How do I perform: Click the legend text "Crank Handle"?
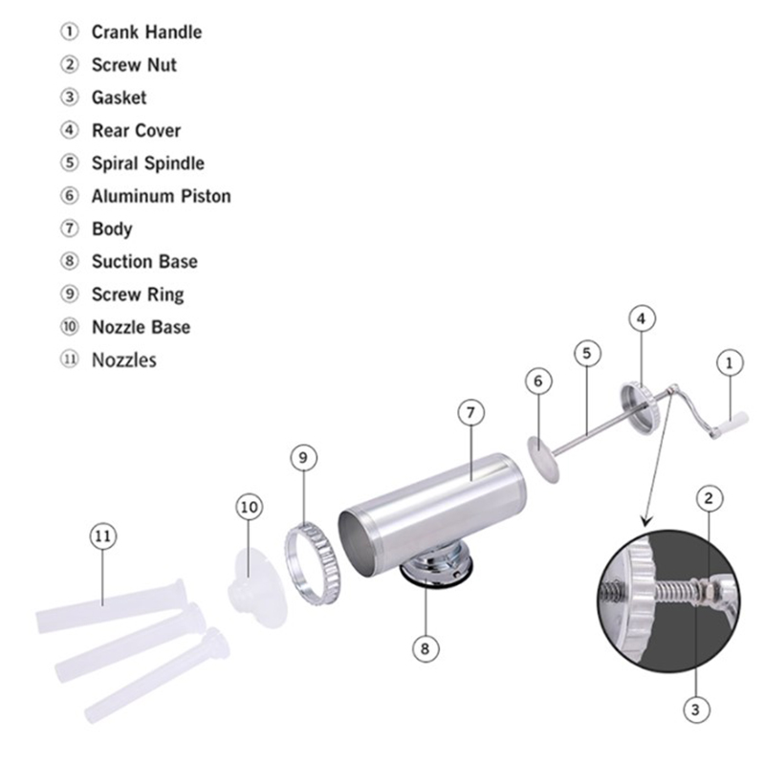pyautogui.click(x=146, y=33)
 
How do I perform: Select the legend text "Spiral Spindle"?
pyautogui.click(x=148, y=164)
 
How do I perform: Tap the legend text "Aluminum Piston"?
pyautogui.click(x=161, y=196)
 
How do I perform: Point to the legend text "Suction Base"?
pyautogui.click(x=144, y=261)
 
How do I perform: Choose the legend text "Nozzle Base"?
pyautogui.click(x=141, y=327)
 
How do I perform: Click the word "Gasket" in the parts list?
pyautogui.click(x=119, y=98)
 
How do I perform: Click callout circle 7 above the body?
pyautogui.click(x=470, y=413)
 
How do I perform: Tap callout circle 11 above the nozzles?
pyautogui.click(x=103, y=536)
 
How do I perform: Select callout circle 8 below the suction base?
pyautogui.click(x=425, y=649)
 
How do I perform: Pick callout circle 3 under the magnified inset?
pyautogui.click(x=696, y=710)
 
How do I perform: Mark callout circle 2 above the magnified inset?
pyautogui.click(x=709, y=498)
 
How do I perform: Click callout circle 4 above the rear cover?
pyautogui.click(x=641, y=318)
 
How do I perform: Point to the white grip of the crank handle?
pyautogui.click(x=731, y=424)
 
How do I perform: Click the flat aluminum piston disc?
pyautogui.click(x=543, y=460)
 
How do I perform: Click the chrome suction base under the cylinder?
pyautogui.click(x=436, y=568)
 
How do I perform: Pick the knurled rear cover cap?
pyautogui.click(x=640, y=408)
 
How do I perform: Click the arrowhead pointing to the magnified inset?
pyautogui.click(x=647, y=521)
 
